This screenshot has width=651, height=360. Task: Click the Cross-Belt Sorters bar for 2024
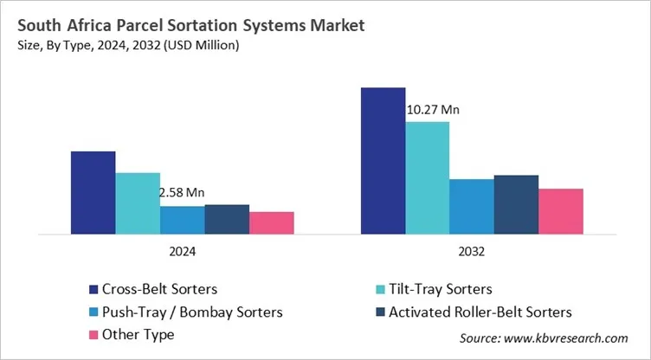click(x=93, y=192)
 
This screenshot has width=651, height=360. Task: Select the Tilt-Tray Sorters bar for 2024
click(x=138, y=203)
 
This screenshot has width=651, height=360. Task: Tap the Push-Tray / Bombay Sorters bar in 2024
click(x=183, y=220)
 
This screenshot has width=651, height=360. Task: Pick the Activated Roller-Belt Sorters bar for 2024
click(x=227, y=219)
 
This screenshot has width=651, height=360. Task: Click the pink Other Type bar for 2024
click(x=272, y=222)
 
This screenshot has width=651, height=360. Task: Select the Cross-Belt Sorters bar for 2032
click(x=383, y=160)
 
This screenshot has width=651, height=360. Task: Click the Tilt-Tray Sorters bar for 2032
click(x=427, y=177)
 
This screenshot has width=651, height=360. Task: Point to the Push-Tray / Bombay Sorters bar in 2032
click(x=472, y=206)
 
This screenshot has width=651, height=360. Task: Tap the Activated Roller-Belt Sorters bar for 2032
click(x=516, y=204)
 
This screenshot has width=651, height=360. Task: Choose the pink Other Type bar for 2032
click(x=561, y=211)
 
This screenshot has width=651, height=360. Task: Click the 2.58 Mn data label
click(x=182, y=193)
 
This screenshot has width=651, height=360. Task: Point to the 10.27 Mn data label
click(x=433, y=109)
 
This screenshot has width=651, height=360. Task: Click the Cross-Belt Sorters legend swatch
click(x=93, y=289)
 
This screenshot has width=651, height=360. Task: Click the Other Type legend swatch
click(x=93, y=334)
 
